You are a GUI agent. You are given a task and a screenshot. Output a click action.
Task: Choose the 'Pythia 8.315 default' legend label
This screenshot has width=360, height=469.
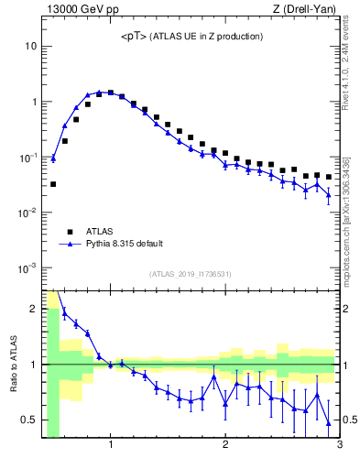[x=124, y=244]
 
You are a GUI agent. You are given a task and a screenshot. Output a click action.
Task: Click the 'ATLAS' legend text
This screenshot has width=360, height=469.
[x=98, y=232]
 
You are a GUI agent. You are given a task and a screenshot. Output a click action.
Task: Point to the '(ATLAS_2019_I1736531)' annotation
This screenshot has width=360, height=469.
[x=191, y=274]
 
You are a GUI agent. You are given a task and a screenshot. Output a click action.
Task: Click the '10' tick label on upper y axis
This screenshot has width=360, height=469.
[x=30, y=46]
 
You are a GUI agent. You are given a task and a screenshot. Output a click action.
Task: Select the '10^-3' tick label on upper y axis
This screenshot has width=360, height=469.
[x=27, y=268]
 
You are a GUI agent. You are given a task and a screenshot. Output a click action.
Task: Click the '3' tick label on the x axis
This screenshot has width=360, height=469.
[x=339, y=446]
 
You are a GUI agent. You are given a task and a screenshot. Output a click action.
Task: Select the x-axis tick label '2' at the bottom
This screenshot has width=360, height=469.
[x=225, y=446]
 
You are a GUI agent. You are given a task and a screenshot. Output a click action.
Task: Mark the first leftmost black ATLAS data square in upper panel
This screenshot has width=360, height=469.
[x=53, y=184]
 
